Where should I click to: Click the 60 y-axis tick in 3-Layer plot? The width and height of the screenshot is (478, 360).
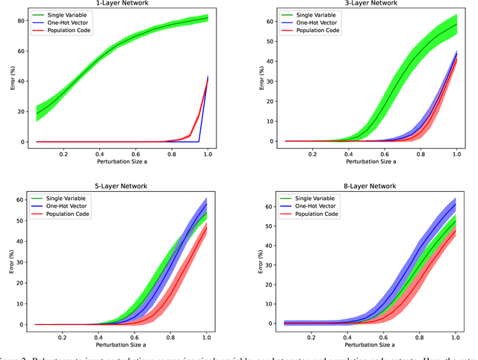click(272, 22)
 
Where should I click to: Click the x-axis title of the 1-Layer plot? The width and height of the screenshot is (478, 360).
click(122, 161)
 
